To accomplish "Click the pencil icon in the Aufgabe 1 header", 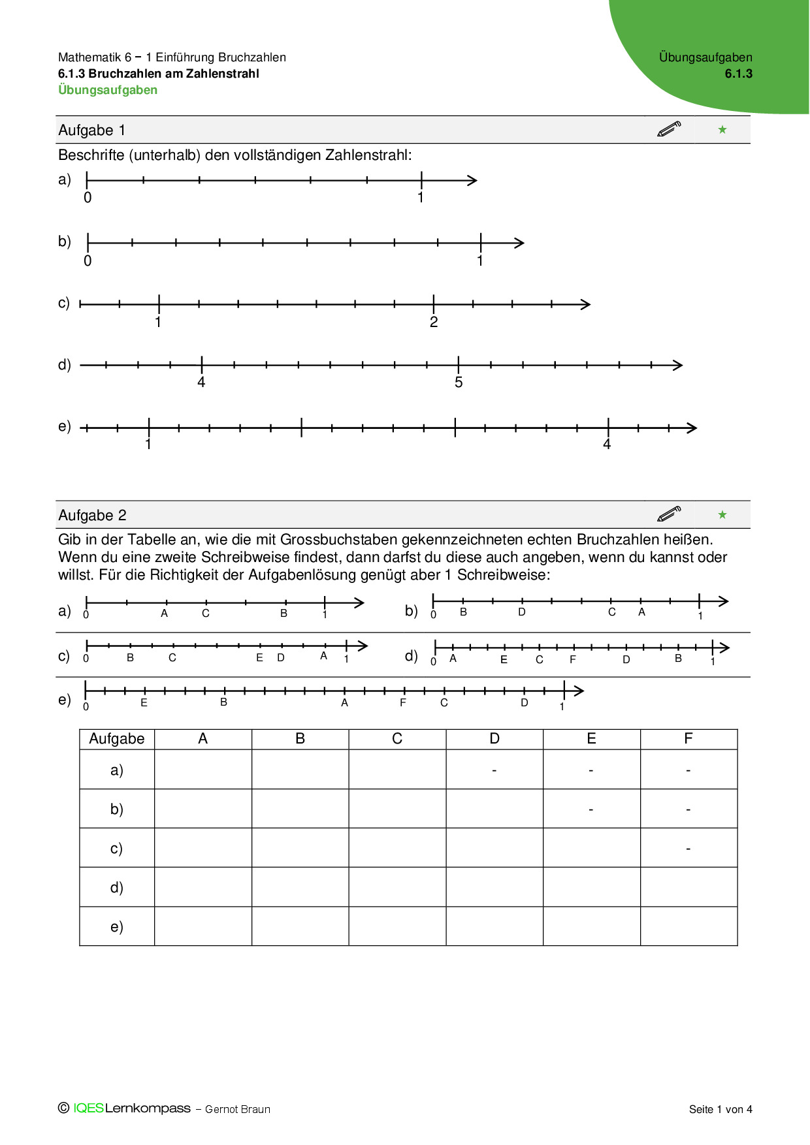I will [669, 129].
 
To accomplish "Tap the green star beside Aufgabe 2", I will [722, 514].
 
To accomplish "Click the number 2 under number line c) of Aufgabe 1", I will [434, 322].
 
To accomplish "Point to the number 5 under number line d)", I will [459, 383].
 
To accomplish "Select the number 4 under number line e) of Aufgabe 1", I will [607, 445].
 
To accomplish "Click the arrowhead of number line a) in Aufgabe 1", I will [473, 180].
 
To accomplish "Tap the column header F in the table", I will [688, 738].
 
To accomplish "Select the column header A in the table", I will [202, 738].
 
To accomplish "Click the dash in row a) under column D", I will [494, 770].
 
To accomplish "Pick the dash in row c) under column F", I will [688, 849].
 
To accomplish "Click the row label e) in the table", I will [116, 926].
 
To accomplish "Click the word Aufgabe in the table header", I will [116, 738].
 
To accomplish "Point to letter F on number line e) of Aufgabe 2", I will [403, 702].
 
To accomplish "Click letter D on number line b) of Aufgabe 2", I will [522, 612].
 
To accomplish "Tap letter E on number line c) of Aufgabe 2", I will [259, 657].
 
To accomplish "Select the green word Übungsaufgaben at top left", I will [108, 90].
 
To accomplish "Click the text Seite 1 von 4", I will [721, 1109].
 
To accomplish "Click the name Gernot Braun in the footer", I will [237, 1109].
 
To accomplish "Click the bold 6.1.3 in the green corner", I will [738, 74].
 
